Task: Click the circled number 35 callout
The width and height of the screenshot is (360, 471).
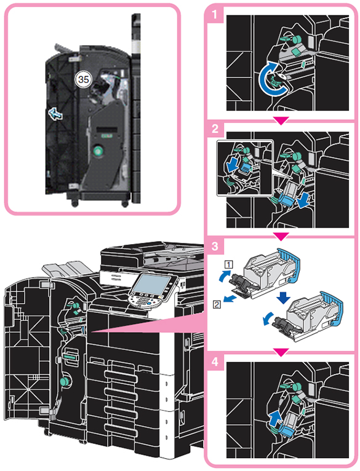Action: pyautogui.click(x=83, y=79)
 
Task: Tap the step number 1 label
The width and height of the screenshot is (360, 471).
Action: pyautogui.click(x=214, y=14)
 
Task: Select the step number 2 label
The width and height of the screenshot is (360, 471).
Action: pyautogui.click(x=215, y=129)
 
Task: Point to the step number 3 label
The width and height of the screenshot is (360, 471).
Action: pyautogui.click(x=215, y=246)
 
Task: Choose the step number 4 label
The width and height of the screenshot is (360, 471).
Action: pyautogui.click(x=215, y=362)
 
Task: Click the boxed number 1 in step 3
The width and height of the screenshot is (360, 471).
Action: pyautogui.click(x=229, y=264)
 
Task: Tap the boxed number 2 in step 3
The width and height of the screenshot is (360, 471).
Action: pyautogui.click(x=217, y=304)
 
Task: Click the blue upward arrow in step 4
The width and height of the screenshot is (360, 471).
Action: pyautogui.click(x=274, y=418)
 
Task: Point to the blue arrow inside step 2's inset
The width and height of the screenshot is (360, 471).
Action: pyautogui.click(x=232, y=165)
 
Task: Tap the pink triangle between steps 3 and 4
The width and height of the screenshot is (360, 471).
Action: pyautogui.click(x=281, y=353)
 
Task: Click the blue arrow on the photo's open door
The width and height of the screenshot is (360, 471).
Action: pyautogui.click(x=55, y=114)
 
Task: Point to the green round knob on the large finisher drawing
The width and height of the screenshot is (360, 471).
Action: pyautogui.click(x=64, y=381)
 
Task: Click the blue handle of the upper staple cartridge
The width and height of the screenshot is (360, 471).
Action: pyautogui.click(x=289, y=264)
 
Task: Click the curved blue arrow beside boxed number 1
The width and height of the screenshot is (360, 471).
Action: pyautogui.click(x=224, y=275)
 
